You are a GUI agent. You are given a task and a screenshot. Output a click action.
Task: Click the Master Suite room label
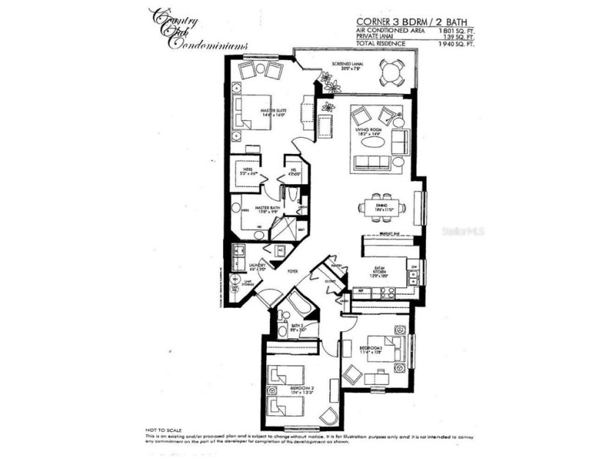coord(273,111)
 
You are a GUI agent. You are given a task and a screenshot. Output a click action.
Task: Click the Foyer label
coord(293,271)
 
